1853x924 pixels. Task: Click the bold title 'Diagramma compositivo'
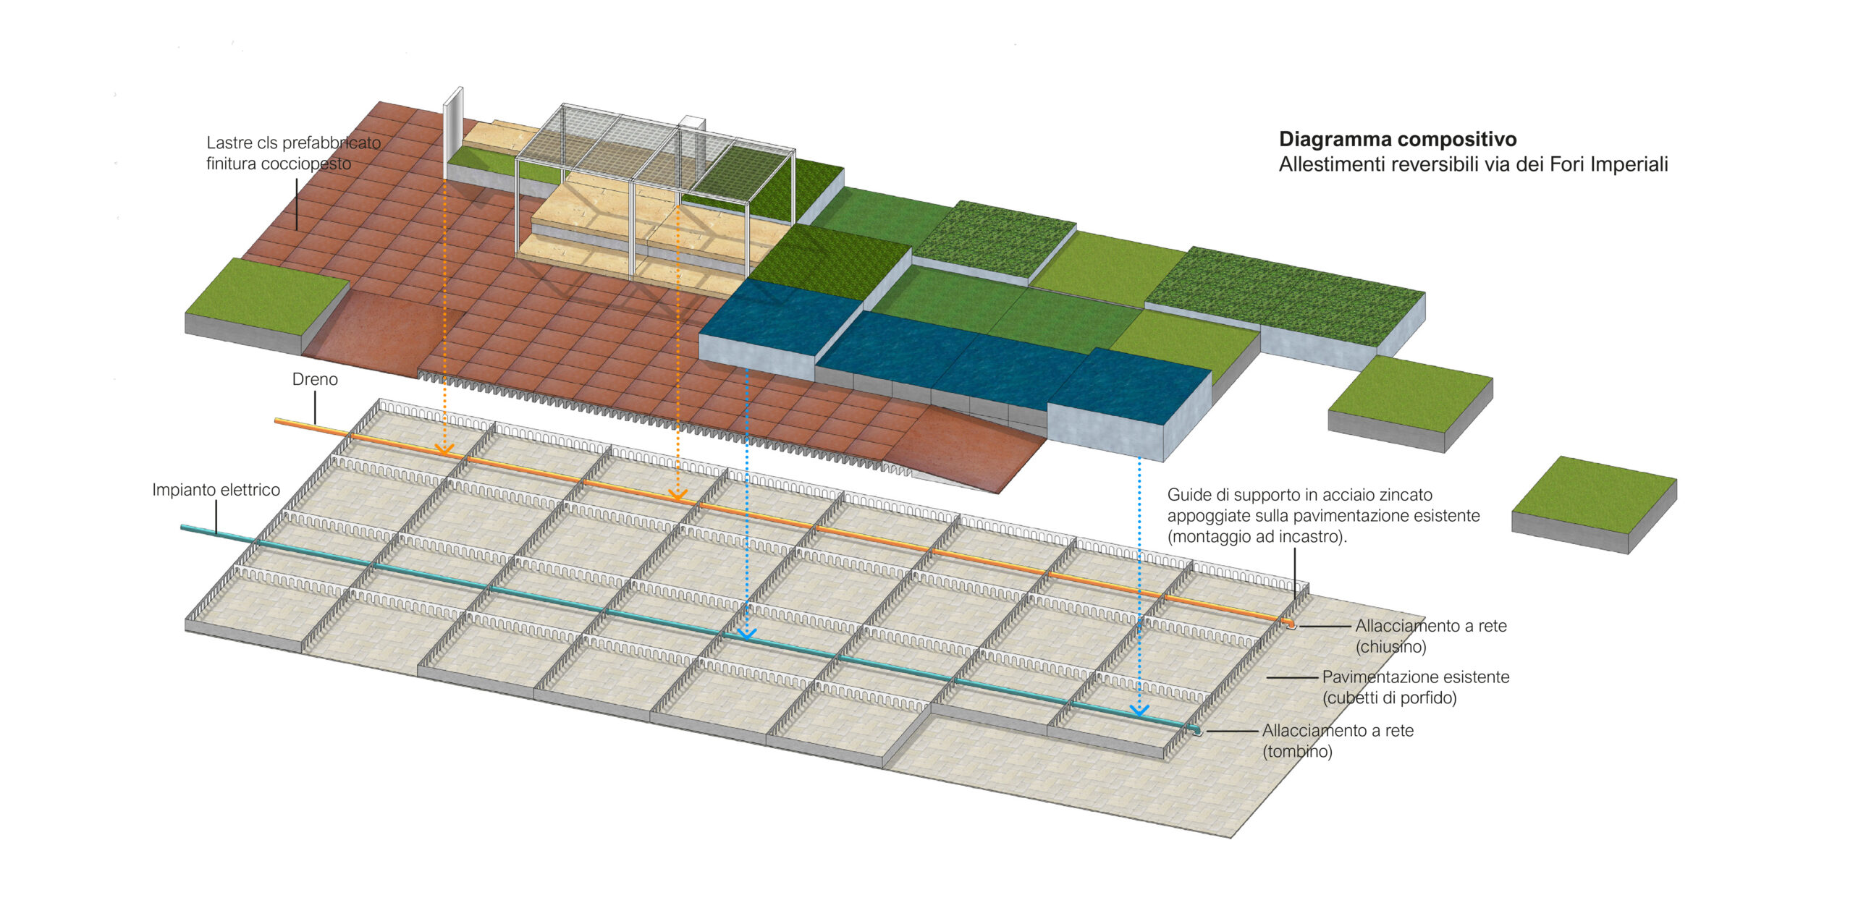tap(1397, 139)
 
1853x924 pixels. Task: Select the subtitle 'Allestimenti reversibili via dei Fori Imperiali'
tap(1473, 164)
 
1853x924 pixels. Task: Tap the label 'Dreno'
tap(315, 379)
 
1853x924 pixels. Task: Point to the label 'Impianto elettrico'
tap(216, 490)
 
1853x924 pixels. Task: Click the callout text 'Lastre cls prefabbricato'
tap(293, 143)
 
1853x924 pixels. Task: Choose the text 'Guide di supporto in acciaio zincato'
tap(1299, 495)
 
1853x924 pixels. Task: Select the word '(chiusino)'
tap(1390, 647)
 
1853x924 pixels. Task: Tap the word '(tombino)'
tap(1297, 751)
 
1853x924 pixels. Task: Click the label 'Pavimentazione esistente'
tap(1415, 677)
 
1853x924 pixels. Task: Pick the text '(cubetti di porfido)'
tap(1389, 698)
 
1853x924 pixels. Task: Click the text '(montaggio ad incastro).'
tap(1257, 537)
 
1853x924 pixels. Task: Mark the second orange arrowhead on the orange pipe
tap(678, 496)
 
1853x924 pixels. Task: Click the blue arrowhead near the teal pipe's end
tap(1139, 711)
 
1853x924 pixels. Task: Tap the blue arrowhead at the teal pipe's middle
tap(746, 634)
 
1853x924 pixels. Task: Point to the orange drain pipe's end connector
tap(1290, 624)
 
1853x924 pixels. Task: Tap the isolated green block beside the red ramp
tap(266, 304)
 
